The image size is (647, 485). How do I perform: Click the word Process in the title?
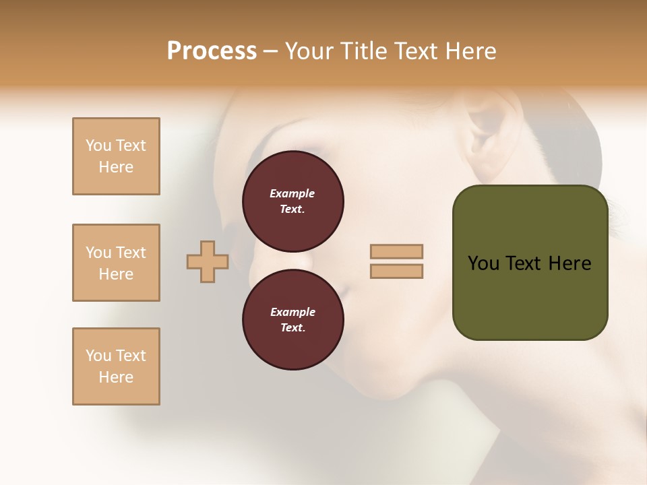[x=212, y=51]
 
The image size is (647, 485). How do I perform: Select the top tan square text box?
[x=116, y=156]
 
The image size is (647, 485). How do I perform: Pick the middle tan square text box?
[x=116, y=263]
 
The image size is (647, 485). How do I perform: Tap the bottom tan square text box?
[x=116, y=366]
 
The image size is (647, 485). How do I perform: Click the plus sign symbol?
[x=208, y=261]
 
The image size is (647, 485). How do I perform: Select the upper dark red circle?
[x=293, y=201]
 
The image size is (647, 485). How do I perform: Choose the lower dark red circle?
[x=293, y=319]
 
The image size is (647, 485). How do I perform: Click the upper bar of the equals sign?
[x=396, y=251]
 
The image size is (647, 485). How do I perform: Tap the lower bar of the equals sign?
[x=396, y=271]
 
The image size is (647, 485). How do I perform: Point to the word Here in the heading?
[x=470, y=51]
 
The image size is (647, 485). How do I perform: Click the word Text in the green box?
[x=528, y=263]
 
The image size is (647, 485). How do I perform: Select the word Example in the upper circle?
[x=292, y=193]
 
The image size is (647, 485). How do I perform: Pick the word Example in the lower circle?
[x=292, y=312]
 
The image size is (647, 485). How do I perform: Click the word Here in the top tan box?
[x=116, y=167]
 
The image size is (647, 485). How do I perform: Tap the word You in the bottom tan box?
[x=98, y=356]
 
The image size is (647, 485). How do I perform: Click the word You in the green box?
[x=483, y=263]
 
